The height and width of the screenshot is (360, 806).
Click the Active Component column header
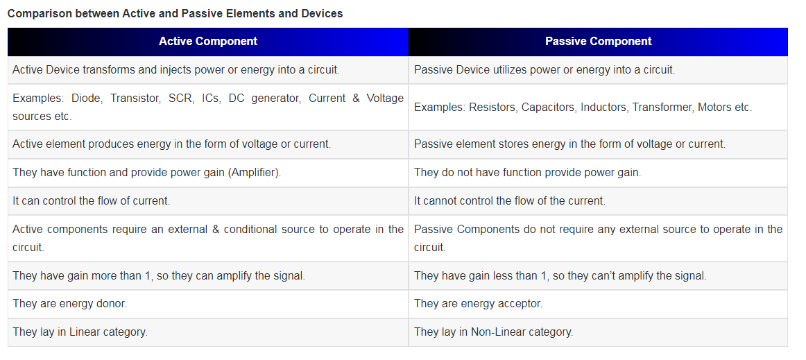tap(208, 42)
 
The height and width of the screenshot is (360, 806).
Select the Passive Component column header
tap(599, 42)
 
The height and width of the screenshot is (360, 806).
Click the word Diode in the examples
tap(86, 98)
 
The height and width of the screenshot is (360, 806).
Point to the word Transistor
tap(134, 98)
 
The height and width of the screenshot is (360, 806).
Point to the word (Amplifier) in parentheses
tap(254, 173)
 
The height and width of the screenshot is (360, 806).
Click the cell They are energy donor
tap(70, 304)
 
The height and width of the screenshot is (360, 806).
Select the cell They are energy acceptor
tap(478, 304)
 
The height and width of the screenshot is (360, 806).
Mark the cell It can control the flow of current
tap(91, 201)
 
